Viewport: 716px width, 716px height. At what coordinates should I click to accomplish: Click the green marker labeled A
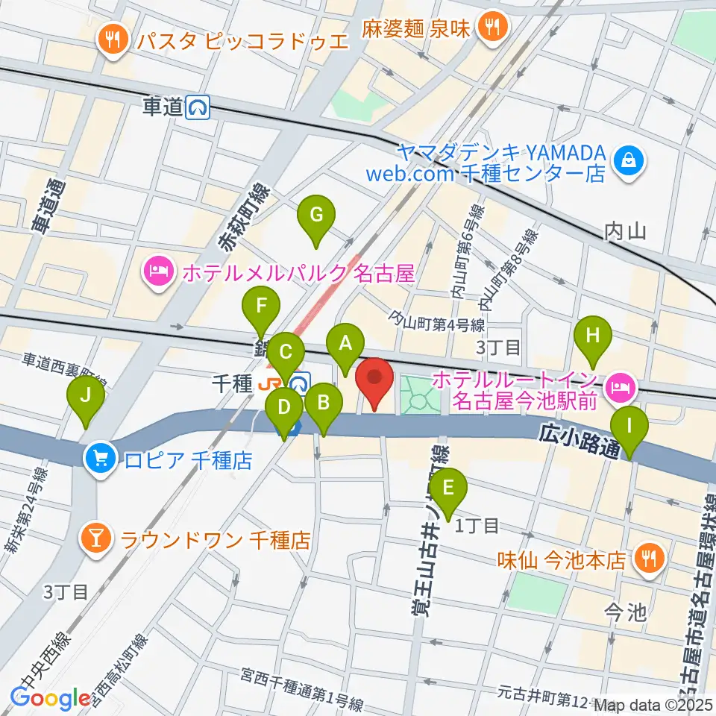coord(345,345)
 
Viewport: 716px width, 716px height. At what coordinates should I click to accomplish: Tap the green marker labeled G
coord(316,217)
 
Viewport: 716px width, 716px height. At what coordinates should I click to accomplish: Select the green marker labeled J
coord(87,398)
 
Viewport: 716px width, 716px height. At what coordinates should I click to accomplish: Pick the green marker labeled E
coord(448,489)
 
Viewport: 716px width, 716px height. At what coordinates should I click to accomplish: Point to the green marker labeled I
coord(629,428)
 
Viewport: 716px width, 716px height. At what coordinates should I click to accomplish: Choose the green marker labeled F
coord(261,307)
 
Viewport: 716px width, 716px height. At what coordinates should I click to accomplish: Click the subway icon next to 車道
coord(198,108)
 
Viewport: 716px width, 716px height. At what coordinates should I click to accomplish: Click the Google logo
coord(50,698)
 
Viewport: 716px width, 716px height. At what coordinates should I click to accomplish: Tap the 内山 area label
coord(625,230)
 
